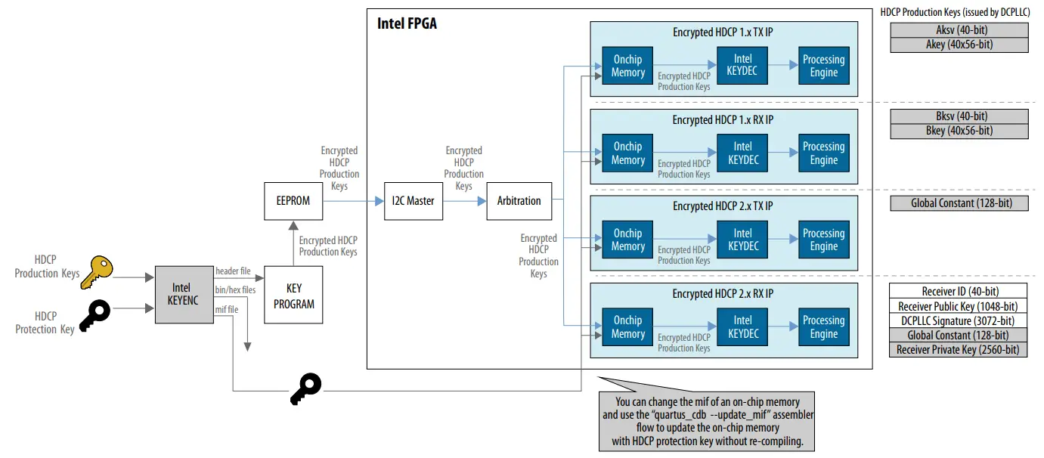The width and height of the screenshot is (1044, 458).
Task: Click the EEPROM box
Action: point(293,201)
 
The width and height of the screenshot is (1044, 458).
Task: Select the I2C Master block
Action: point(413,201)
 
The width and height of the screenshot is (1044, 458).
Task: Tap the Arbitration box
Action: point(519,201)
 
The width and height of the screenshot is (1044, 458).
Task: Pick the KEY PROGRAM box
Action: point(293,296)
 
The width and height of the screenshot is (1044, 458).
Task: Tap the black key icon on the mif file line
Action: point(306,388)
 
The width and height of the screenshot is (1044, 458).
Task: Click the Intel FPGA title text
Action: point(407,24)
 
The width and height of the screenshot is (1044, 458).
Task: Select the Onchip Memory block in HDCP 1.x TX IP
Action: point(627,67)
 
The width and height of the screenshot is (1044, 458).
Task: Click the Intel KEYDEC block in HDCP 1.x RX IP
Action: point(742,153)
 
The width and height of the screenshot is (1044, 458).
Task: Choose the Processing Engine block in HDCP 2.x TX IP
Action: point(823,240)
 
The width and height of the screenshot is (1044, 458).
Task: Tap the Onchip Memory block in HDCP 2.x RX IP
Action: point(627,327)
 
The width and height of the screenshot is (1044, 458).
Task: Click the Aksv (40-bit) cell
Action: point(959,30)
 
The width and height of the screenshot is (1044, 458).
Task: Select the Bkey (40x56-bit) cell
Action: point(959,131)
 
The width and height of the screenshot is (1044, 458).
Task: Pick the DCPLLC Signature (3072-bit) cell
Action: point(959,320)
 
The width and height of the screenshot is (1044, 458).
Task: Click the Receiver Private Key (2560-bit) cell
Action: point(959,349)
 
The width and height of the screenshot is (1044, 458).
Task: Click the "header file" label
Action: point(233,271)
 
